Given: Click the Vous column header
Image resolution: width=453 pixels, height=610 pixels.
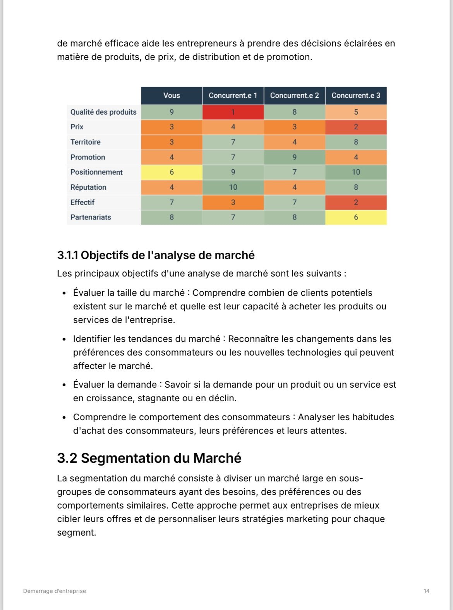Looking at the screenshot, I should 172,96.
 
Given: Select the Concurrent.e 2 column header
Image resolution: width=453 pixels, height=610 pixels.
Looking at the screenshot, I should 294,96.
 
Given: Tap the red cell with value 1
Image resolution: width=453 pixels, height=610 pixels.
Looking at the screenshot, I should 233,112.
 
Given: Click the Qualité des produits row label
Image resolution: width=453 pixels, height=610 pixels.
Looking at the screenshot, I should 103,112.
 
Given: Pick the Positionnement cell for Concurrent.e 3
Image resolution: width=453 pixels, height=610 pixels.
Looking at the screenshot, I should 356,172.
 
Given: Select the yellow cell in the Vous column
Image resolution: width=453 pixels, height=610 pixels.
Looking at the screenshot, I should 172,172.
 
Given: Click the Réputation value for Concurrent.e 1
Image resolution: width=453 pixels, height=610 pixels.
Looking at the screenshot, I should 233,187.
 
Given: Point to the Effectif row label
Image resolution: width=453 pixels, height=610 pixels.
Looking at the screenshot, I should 82,202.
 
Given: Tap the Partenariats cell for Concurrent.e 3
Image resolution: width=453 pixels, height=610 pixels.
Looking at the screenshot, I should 356,217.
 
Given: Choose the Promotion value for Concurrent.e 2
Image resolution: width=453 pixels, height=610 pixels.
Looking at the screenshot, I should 294,157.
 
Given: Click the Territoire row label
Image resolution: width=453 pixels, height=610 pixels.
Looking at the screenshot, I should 86,142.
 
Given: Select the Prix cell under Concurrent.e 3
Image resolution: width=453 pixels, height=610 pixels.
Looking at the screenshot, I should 356,127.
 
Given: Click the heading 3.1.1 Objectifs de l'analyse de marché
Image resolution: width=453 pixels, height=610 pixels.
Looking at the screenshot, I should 156,256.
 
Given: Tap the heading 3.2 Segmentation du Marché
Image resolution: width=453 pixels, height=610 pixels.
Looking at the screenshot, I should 149,458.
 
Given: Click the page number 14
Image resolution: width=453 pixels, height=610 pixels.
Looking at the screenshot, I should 426,591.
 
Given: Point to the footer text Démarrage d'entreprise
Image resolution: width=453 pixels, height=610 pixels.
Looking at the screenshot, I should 55,591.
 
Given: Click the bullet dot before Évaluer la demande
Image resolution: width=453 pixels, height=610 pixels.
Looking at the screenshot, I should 64,385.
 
